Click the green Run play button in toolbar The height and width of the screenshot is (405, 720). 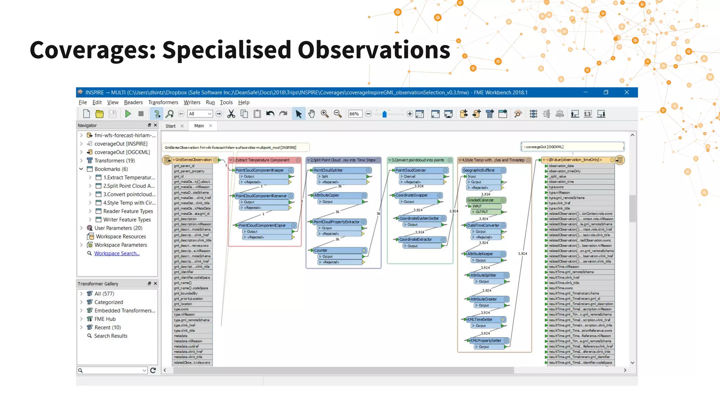click(x=128, y=114)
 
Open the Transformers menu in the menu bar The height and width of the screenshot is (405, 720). click(x=163, y=102)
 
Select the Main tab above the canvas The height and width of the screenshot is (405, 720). click(x=199, y=126)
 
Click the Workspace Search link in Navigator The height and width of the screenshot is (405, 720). click(x=117, y=253)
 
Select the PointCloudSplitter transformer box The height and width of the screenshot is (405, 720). click(x=328, y=170)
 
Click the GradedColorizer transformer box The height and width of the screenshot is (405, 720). click(x=481, y=200)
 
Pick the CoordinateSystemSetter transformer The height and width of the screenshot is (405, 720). click(x=419, y=218)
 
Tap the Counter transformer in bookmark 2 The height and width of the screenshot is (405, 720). click(x=321, y=250)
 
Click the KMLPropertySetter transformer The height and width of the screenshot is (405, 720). click(x=486, y=340)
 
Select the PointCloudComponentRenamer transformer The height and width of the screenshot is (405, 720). click(x=261, y=196)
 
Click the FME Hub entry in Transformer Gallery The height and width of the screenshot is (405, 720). click(x=105, y=319)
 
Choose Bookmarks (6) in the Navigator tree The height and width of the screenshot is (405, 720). click(x=111, y=169)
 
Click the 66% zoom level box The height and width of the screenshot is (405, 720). click(x=354, y=114)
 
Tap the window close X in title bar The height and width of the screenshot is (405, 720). click(x=626, y=92)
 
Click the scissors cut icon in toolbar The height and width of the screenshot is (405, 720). click(x=231, y=114)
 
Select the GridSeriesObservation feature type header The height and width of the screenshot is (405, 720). click(x=193, y=160)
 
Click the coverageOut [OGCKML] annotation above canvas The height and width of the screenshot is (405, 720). click(x=572, y=147)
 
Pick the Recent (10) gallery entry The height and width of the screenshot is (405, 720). click(x=108, y=327)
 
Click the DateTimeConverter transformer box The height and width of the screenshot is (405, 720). click(x=483, y=225)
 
